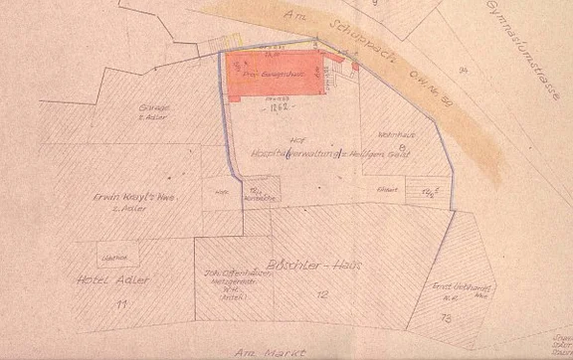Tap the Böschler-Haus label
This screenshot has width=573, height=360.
tap(325, 267)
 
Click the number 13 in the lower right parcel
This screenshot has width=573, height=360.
tap(444, 316)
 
